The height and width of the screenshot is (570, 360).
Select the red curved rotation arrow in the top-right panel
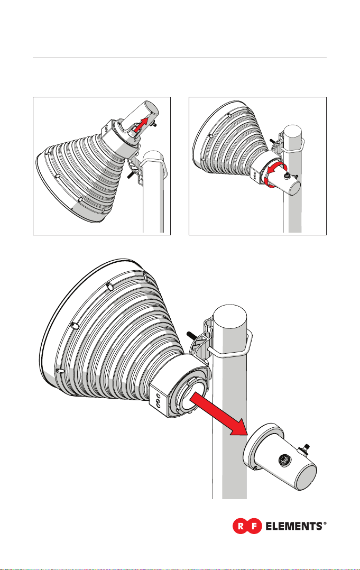[275, 175]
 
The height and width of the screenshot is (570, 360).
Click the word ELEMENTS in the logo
[294, 526]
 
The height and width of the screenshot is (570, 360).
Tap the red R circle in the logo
[240, 526]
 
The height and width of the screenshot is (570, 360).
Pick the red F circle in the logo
[254, 526]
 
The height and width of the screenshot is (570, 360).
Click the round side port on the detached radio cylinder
[283, 461]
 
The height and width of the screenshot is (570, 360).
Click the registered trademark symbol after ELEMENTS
[325, 523]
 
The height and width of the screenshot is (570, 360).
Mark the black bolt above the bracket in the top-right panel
[272, 141]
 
